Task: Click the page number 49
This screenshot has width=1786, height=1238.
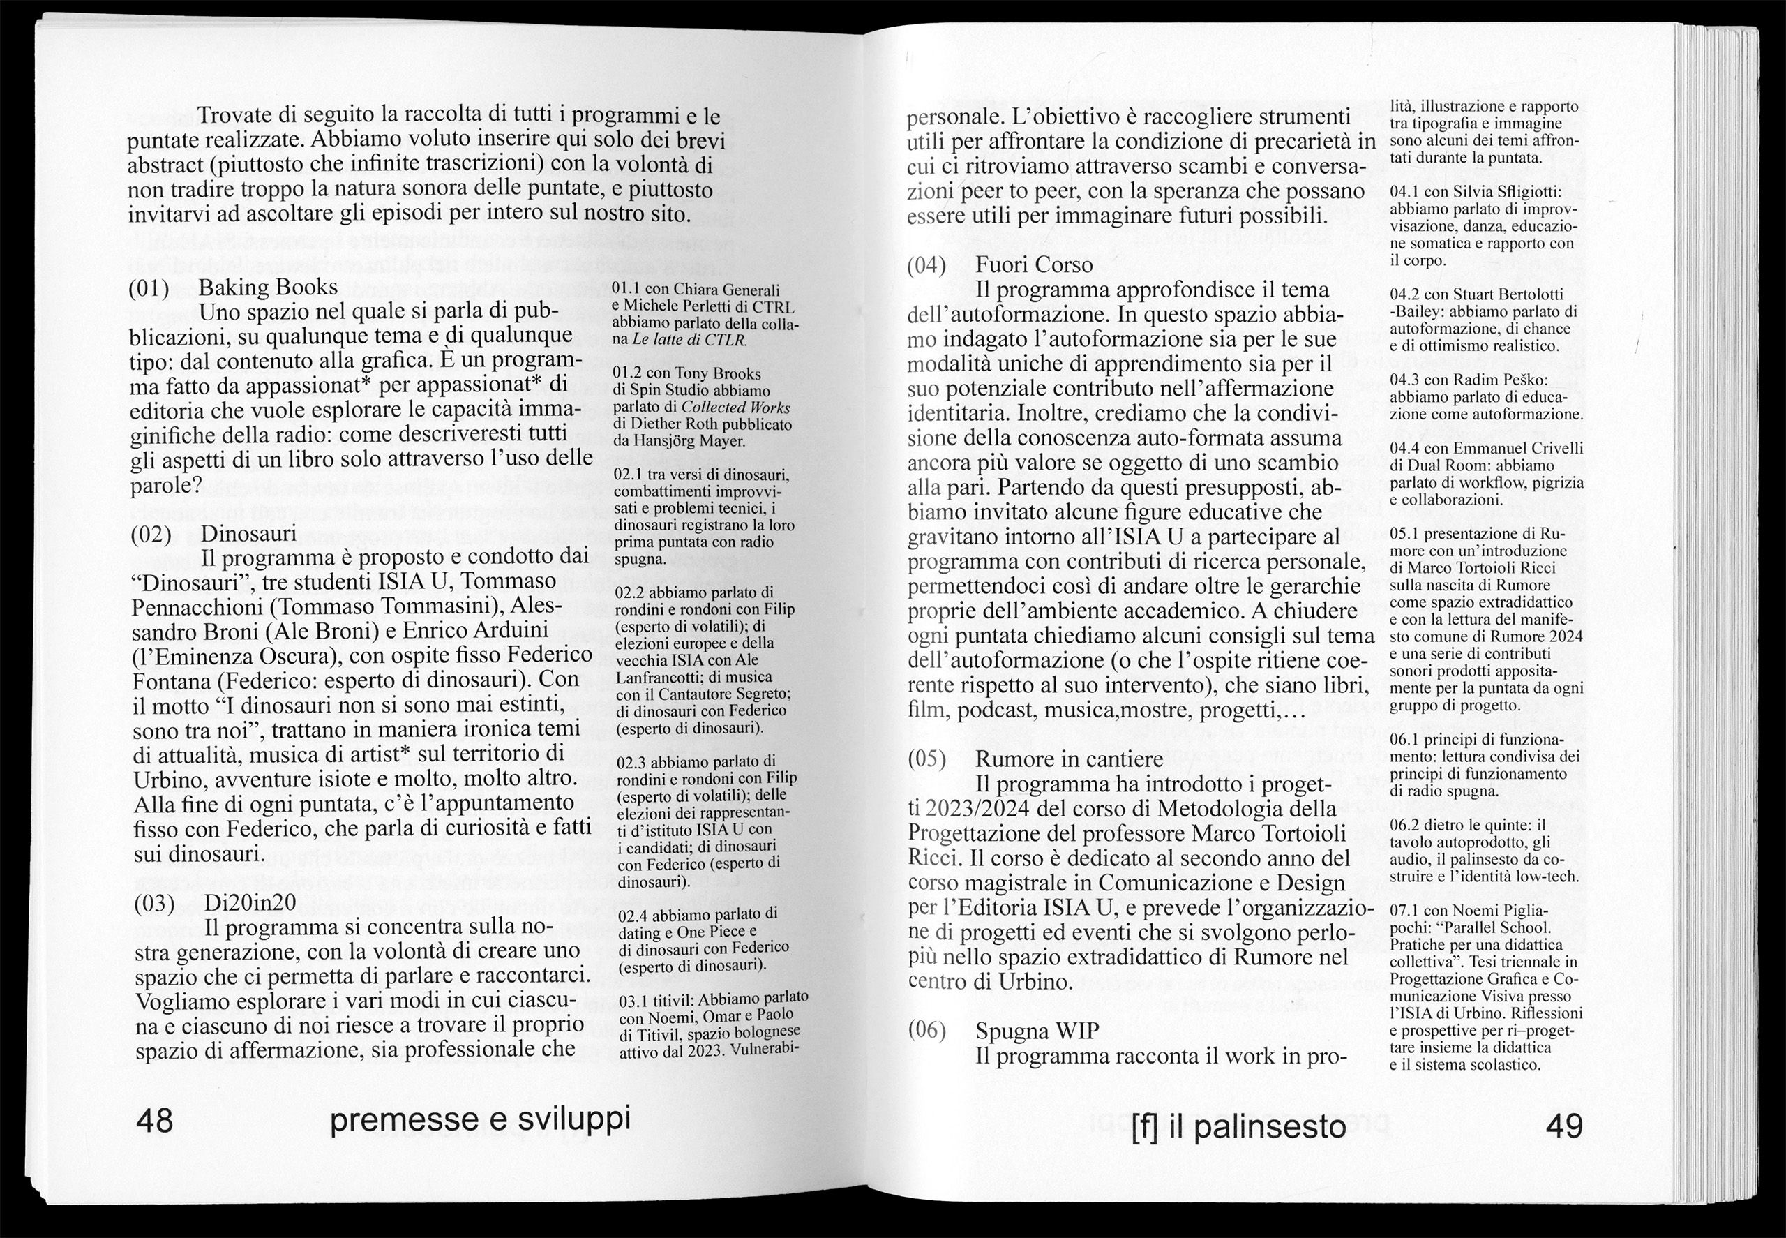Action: (x=1563, y=1126)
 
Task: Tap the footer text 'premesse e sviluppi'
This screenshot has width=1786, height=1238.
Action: (x=480, y=1120)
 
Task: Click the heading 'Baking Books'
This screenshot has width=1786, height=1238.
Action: (x=269, y=288)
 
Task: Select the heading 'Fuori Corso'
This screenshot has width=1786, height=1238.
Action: (x=1034, y=265)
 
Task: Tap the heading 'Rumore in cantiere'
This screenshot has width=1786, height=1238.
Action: (x=1069, y=759)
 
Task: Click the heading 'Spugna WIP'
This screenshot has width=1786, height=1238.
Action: (x=1037, y=1031)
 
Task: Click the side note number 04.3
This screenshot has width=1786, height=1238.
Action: (x=1405, y=380)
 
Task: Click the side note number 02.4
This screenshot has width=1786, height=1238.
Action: (x=633, y=916)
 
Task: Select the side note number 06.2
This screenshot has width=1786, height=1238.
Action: (x=1406, y=826)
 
